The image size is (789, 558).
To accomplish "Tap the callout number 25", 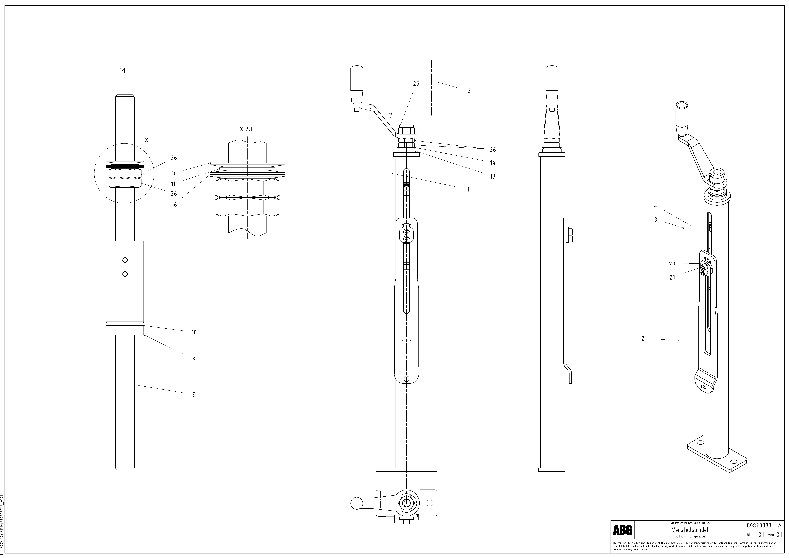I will [416, 84].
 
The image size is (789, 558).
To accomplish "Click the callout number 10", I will [194, 332].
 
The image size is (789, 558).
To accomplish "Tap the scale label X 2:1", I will [246, 129].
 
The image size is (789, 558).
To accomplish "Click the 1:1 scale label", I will [122, 71].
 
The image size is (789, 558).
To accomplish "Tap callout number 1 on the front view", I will [468, 189].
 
